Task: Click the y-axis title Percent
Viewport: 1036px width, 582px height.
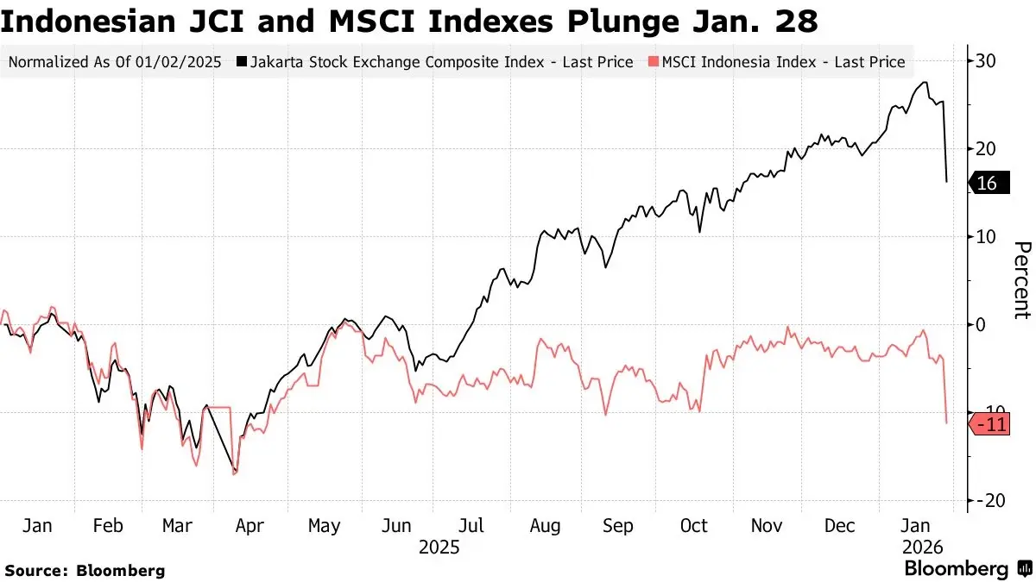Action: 1021,280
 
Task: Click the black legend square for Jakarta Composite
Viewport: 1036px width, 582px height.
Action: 243,62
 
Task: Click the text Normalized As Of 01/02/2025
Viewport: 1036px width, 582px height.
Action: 115,62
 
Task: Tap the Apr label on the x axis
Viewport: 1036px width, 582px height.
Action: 249,526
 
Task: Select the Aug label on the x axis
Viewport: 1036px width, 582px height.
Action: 545,526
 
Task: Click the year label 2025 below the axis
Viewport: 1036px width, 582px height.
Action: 439,548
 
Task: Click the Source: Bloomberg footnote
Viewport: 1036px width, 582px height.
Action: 85,570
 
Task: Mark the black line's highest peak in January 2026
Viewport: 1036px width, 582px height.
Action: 925,83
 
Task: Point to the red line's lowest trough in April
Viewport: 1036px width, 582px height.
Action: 234,473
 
